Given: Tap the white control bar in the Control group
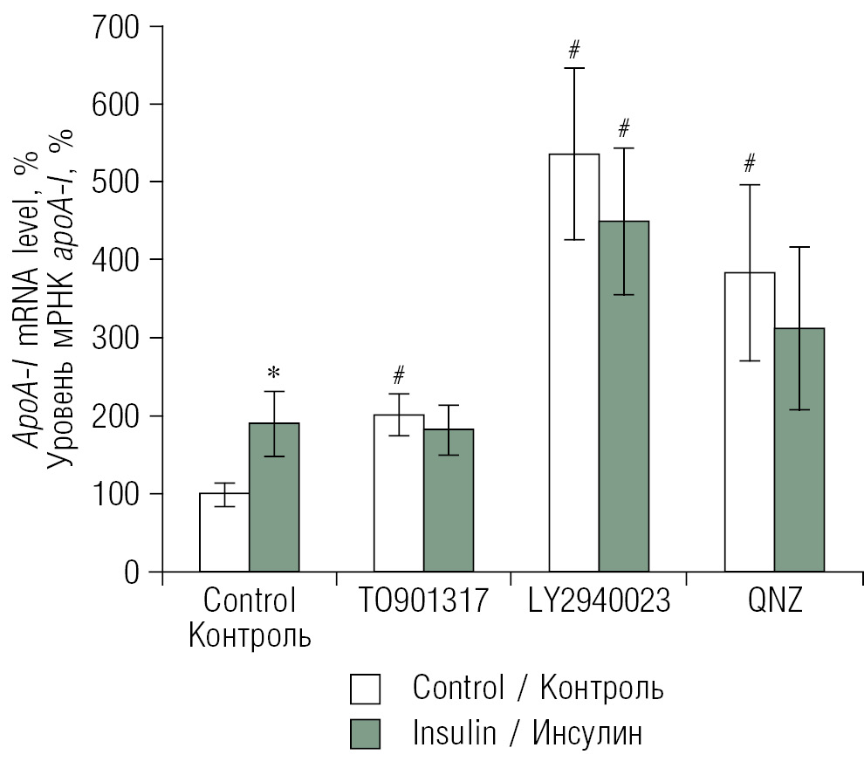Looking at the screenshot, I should (x=224, y=532).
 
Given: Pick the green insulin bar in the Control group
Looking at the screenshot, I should (x=274, y=497).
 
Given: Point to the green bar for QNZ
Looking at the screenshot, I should (x=799, y=449).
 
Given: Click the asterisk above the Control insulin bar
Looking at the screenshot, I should (x=274, y=374).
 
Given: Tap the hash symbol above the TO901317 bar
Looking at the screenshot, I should (x=399, y=376).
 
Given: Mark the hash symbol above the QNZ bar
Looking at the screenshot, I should (x=749, y=163).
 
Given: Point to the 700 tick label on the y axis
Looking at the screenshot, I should (x=116, y=27).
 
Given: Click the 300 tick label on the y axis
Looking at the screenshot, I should (x=116, y=338).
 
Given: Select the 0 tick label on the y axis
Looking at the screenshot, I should (x=131, y=573).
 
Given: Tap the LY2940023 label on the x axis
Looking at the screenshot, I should (x=598, y=601).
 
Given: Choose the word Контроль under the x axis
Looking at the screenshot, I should (x=250, y=635).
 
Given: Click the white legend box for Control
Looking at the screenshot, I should (x=366, y=689).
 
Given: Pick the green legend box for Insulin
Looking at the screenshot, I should (x=366, y=733).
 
